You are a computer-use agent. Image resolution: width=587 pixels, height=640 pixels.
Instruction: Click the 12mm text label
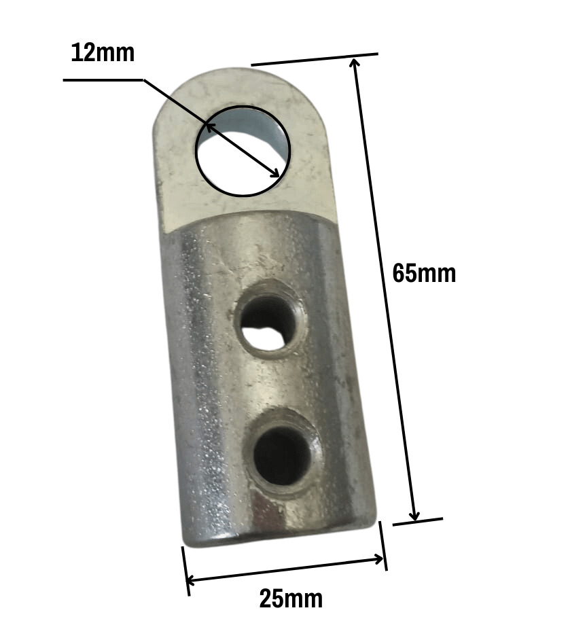[x=103, y=52]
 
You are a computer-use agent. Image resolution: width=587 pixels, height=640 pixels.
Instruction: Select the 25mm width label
[x=291, y=599]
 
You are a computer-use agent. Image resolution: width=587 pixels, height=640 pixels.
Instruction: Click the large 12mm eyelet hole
[x=243, y=151]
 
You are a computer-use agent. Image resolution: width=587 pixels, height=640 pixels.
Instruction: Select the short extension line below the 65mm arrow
[x=418, y=522]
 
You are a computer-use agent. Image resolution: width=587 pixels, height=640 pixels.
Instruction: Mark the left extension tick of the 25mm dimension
[x=185, y=571]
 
